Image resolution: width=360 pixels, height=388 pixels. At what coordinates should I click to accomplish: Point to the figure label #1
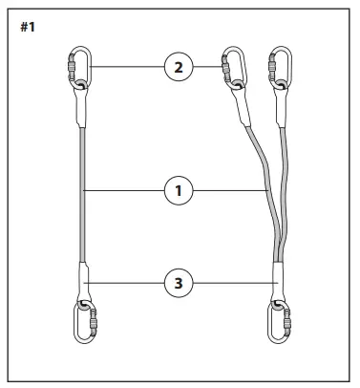click(x=28, y=26)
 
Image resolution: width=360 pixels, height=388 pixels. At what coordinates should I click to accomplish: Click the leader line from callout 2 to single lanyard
click(x=124, y=66)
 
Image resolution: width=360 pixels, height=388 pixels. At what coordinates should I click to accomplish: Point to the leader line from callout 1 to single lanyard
click(x=124, y=191)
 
